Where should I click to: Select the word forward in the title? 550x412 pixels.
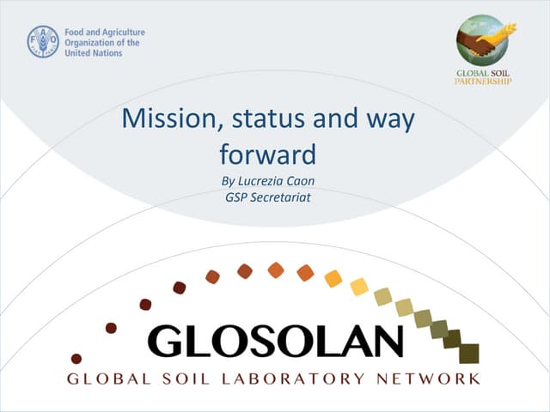point(268,154)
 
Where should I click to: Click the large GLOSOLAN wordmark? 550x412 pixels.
point(275,340)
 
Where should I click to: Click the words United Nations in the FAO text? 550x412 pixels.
point(94,52)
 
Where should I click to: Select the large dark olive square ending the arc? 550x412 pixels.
point(468,354)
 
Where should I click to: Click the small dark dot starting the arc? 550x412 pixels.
point(76,358)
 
